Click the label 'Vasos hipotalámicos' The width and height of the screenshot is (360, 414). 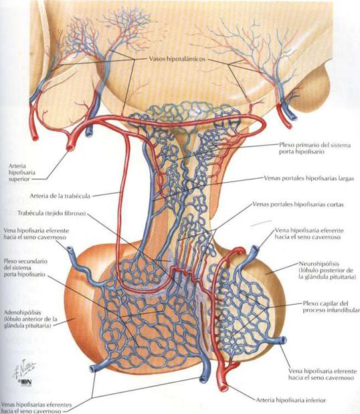pyautogui.click(x=177, y=59)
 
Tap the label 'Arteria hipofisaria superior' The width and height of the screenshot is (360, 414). pyautogui.click(x=22, y=172)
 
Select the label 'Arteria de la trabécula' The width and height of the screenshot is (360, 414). pyautogui.click(x=60, y=196)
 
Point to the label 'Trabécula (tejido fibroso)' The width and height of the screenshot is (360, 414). pyautogui.click(x=52, y=213)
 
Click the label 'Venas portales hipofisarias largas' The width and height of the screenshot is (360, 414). pyautogui.click(x=309, y=178)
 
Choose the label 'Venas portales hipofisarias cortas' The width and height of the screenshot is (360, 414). pyautogui.click(x=298, y=204)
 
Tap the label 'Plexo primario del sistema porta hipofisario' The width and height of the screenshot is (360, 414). pyautogui.click(x=315, y=148)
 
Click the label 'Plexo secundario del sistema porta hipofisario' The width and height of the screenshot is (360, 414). pyautogui.click(x=25, y=268)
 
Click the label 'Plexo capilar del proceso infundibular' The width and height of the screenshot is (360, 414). pyautogui.click(x=331, y=307)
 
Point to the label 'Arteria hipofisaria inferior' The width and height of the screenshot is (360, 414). pyautogui.click(x=291, y=400)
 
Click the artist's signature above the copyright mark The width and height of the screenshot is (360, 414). pyautogui.click(x=24, y=368)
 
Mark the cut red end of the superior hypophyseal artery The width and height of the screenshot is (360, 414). pyautogui.click(x=70, y=147)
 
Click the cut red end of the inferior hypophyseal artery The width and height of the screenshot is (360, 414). pyautogui.click(x=223, y=387)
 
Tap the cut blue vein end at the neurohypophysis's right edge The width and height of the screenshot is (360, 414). pyautogui.click(x=283, y=340)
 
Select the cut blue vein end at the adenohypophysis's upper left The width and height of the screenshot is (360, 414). pyautogui.click(x=70, y=249)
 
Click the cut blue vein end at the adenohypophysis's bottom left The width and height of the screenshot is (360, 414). pyautogui.click(x=93, y=368)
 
